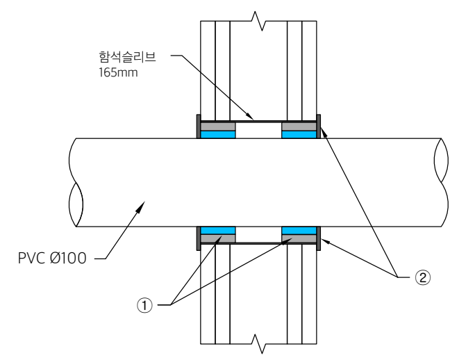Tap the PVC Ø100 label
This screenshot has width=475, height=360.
(53, 260)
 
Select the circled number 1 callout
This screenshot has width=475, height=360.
(142, 304)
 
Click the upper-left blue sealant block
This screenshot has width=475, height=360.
(217, 134)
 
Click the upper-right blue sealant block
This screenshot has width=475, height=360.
(299, 134)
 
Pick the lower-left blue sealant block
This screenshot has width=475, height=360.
(217, 230)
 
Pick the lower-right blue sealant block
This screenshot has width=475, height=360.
(299, 230)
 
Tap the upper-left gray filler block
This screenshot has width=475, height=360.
(217, 126)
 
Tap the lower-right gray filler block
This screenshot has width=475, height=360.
(299, 238)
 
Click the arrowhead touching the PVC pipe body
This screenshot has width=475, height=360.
(143, 204)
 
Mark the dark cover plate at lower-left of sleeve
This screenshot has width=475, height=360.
(198, 238)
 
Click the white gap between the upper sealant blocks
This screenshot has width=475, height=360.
(258, 130)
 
